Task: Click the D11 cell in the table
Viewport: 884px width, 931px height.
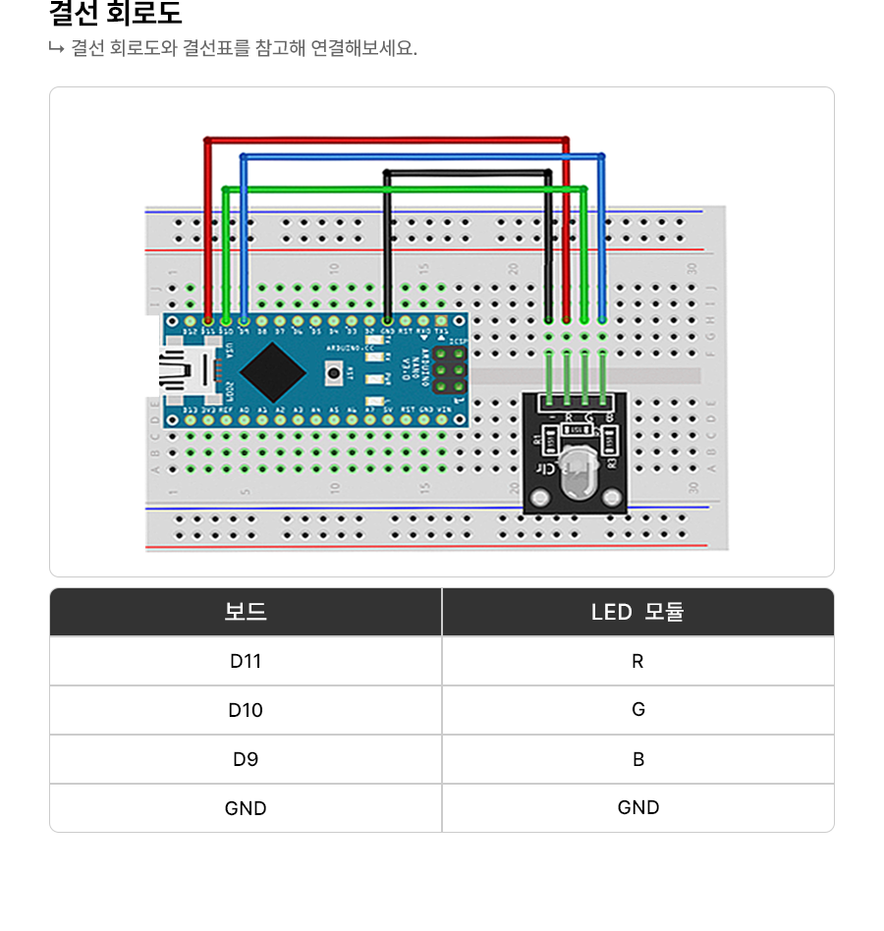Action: (246, 661)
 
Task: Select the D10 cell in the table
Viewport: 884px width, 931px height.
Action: (246, 710)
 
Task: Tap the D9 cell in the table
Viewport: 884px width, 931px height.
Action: (246, 759)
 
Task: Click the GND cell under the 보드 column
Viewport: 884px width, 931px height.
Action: (246, 808)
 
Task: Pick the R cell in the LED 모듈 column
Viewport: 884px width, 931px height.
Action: (637, 661)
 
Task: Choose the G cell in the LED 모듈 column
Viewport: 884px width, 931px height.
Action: (637, 710)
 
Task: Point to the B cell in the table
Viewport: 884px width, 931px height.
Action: (637, 759)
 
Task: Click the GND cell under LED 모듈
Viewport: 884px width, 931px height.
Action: (637, 807)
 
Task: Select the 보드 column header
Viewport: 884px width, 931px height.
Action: (246, 612)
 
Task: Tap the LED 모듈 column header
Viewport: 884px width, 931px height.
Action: (637, 612)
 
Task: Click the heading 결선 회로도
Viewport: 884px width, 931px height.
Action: (116, 15)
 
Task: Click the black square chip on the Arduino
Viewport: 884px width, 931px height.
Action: (270, 370)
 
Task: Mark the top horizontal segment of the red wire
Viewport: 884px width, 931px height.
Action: (386, 140)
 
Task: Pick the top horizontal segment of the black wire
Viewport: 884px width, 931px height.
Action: (467, 174)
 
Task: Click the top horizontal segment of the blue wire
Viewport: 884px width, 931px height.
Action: (422, 156)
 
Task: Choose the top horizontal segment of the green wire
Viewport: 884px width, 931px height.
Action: (405, 188)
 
